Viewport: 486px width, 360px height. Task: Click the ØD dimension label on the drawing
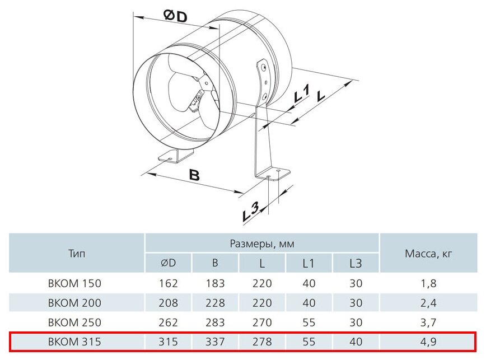[176, 16]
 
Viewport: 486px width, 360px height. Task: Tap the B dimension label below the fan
[194, 175]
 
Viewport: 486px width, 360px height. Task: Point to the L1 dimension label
[301, 95]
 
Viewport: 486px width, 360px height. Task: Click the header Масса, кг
[428, 254]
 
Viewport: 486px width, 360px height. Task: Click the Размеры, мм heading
[262, 244]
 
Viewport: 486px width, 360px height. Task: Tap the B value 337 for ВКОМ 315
[215, 342]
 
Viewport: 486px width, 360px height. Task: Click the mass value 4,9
[428, 342]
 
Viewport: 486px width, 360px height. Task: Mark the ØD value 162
[169, 283]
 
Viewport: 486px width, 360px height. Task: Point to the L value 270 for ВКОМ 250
[262, 322]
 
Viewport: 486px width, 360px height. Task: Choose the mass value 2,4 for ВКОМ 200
[428, 303]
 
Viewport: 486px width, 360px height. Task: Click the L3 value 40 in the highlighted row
[356, 342]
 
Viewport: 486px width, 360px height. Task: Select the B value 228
[215, 303]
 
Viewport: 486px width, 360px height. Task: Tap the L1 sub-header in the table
[309, 263]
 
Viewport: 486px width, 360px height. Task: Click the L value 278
[262, 342]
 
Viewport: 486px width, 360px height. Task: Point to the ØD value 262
[169, 322]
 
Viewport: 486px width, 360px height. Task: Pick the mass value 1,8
[428, 283]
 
